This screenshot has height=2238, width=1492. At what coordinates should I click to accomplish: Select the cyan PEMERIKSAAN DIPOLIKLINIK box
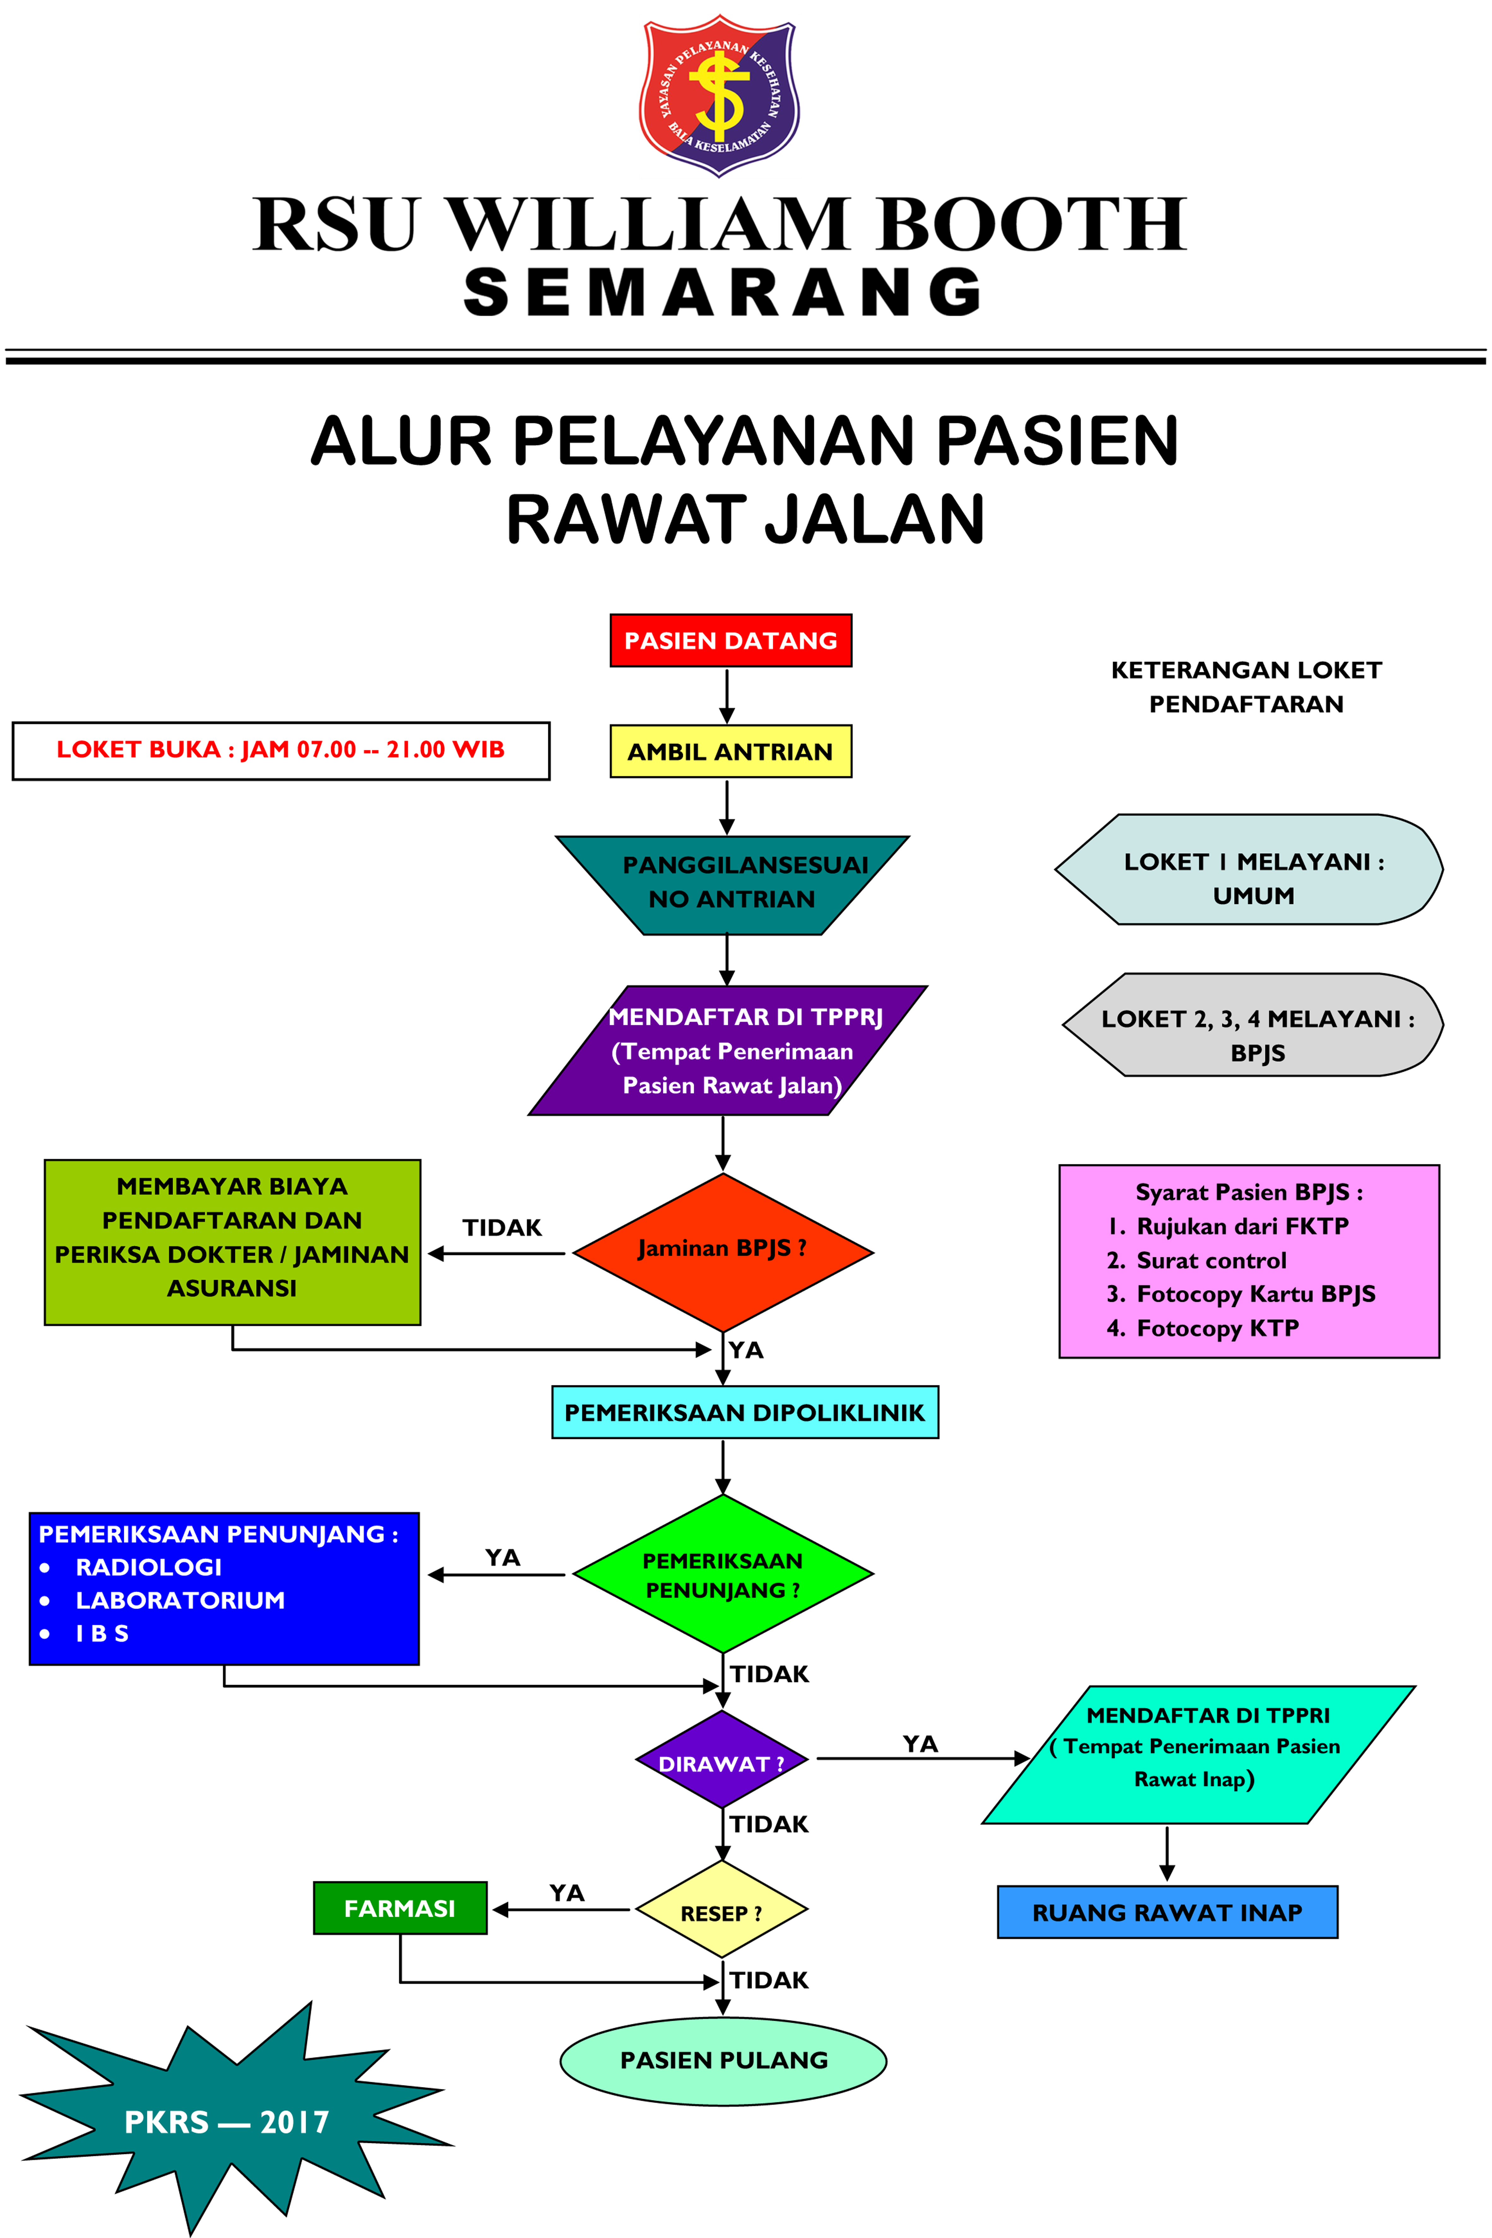tap(744, 1413)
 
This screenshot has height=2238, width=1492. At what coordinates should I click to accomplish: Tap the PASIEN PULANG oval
tap(723, 2060)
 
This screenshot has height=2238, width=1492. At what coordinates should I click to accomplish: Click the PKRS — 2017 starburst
tap(226, 2122)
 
